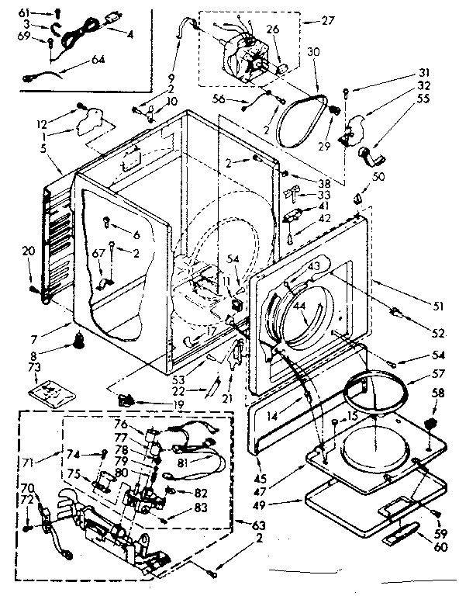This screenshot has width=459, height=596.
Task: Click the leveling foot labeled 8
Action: (x=80, y=340)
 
